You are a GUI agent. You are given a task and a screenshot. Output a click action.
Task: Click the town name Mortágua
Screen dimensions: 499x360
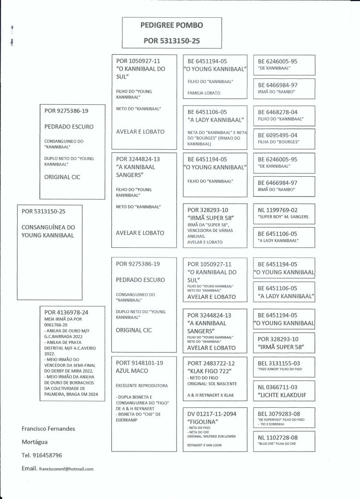click(37, 441)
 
